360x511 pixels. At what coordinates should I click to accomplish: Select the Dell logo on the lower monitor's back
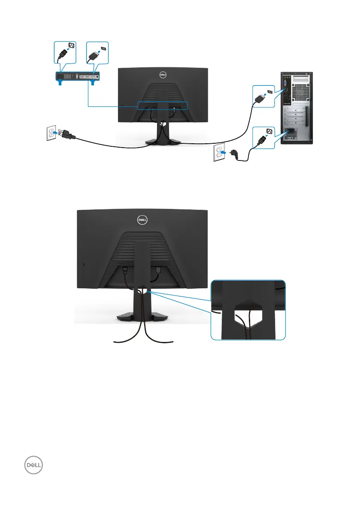(x=141, y=219)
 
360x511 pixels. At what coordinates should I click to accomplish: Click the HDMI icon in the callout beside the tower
(x=270, y=91)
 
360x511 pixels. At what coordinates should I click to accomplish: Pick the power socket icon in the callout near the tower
(x=269, y=131)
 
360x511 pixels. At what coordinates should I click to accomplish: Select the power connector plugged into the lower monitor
(x=125, y=270)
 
